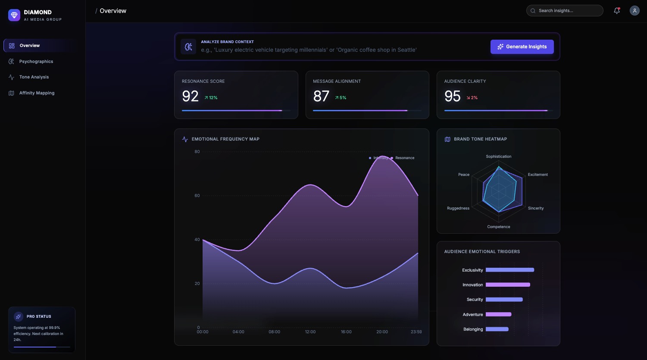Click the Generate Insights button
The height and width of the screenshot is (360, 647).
(522, 47)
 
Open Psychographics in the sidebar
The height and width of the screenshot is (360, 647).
(36, 61)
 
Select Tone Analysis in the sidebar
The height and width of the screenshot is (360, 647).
(34, 77)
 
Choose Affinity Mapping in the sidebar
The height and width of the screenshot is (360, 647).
(37, 93)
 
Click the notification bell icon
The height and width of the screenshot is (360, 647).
(617, 11)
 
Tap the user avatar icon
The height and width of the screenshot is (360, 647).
(634, 11)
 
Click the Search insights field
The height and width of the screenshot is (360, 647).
(565, 11)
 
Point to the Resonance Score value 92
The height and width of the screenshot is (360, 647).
(190, 96)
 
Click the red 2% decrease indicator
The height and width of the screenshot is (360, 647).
(472, 98)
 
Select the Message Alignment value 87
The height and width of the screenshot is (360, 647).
(321, 96)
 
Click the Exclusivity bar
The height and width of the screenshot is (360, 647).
(510, 270)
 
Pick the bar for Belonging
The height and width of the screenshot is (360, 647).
(497, 329)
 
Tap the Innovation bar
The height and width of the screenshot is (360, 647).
(508, 285)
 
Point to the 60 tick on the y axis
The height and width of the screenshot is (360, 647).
(197, 196)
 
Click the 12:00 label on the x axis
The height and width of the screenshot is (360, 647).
(310, 332)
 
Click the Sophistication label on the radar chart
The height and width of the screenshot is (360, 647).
(499, 157)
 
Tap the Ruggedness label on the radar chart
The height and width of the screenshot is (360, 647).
(458, 208)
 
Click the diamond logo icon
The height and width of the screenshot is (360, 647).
(14, 15)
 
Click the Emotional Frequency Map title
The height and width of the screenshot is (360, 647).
(225, 139)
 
